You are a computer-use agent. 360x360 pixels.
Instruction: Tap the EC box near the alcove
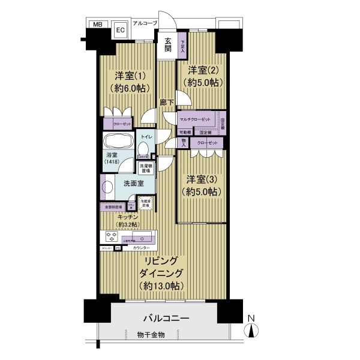120,29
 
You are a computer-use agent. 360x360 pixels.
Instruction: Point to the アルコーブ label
145,23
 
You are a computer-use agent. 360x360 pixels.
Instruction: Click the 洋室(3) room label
201,179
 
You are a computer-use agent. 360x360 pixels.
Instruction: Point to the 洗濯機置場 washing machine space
146,167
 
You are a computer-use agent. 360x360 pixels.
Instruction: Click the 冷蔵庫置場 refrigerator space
146,203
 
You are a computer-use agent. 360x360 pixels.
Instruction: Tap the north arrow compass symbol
253,327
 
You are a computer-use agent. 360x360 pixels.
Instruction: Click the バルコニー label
166,318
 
